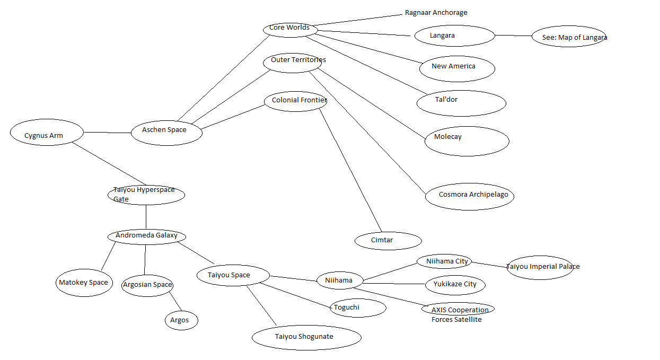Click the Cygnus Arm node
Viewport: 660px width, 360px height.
tap(47, 133)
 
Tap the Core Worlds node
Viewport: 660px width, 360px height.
tap(289, 29)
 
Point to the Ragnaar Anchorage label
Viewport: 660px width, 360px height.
tap(436, 13)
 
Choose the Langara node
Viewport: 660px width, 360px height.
tap(454, 36)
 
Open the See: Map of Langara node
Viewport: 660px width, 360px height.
tap(569, 37)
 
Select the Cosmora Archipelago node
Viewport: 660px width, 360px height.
tap(470, 196)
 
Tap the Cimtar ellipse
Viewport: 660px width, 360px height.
tap(388, 241)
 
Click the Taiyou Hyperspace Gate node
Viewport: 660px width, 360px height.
tap(146, 195)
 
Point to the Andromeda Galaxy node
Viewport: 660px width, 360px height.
tap(146, 236)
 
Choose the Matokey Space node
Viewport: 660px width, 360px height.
tap(84, 283)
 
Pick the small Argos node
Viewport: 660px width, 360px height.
tap(180, 320)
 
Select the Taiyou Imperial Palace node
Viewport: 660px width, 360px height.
tap(540, 267)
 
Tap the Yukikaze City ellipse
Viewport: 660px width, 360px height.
tap(455, 285)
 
